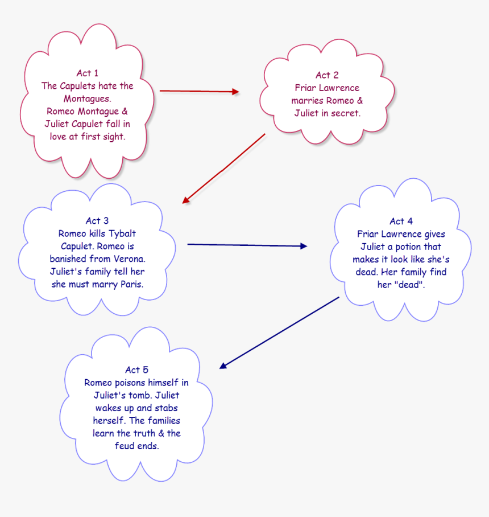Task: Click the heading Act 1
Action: pyautogui.click(x=87, y=73)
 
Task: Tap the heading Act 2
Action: pyautogui.click(x=327, y=75)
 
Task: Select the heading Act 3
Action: pyautogui.click(x=97, y=221)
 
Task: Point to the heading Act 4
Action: pyautogui.click(x=401, y=221)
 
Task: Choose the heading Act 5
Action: pyautogui.click(x=136, y=370)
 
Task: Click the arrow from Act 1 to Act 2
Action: pyautogui.click(x=199, y=91)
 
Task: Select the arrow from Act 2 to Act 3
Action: pyautogui.click(x=225, y=168)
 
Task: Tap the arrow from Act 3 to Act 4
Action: pyautogui.click(x=247, y=245)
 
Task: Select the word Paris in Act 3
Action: pyautogui.click(x=131, y=284)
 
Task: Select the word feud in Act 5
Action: pyautogui.click(x=126, y=445)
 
